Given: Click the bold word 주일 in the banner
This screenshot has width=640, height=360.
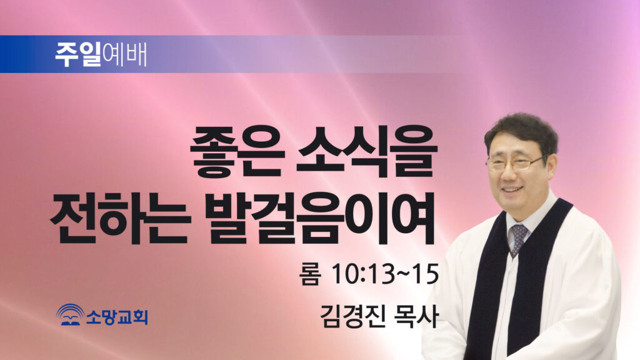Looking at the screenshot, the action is click(78, 54).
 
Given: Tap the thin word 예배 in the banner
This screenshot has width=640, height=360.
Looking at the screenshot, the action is click(124, 54).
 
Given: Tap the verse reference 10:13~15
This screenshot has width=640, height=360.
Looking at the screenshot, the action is click(385, 274).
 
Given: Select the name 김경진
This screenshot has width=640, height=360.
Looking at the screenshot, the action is click(352, 316).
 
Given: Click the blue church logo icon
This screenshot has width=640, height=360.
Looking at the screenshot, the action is click(70, 315).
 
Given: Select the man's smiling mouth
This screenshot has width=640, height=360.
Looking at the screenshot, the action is click(512, 190).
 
